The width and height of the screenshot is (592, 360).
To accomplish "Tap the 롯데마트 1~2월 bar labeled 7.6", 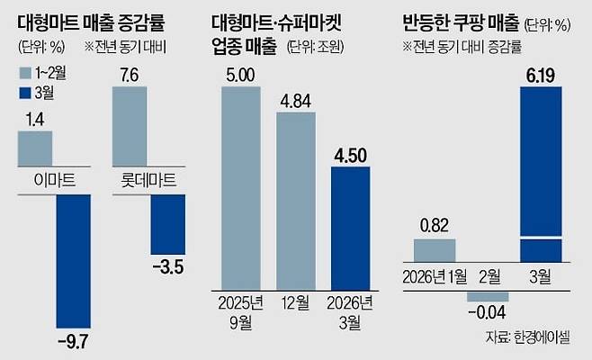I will tap(128, 127).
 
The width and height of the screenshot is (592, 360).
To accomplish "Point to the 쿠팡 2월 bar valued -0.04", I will tap(487, 296).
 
